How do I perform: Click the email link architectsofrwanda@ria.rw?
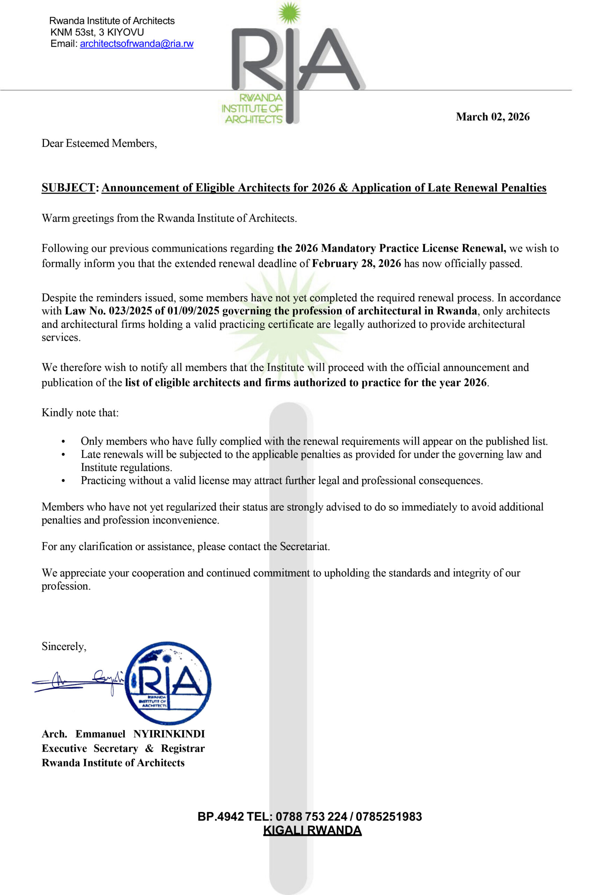(x=137, y=44)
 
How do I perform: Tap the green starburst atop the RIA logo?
(x=289, y=12)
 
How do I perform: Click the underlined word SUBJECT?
(x=68, y=188)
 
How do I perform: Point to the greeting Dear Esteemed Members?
(x=99, y=143)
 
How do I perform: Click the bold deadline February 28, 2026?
(x=356, y=264)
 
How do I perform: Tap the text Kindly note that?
(x=80, y=413)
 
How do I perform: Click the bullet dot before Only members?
(x=63, y=442)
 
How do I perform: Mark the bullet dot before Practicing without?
(x=63, y=481)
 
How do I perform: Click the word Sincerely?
(x=64, y=646)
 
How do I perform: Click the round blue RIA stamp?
(x=168, y=683)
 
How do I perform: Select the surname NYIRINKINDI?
(x=169, y=734)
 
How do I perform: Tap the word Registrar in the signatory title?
(x=183, y=749)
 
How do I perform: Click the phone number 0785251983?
(x=389, y=817)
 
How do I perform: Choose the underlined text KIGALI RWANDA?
(x=312, y=830)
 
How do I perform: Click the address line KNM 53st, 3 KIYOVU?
(x=97, y=33)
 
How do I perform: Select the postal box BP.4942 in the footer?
(x=221, y=817)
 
